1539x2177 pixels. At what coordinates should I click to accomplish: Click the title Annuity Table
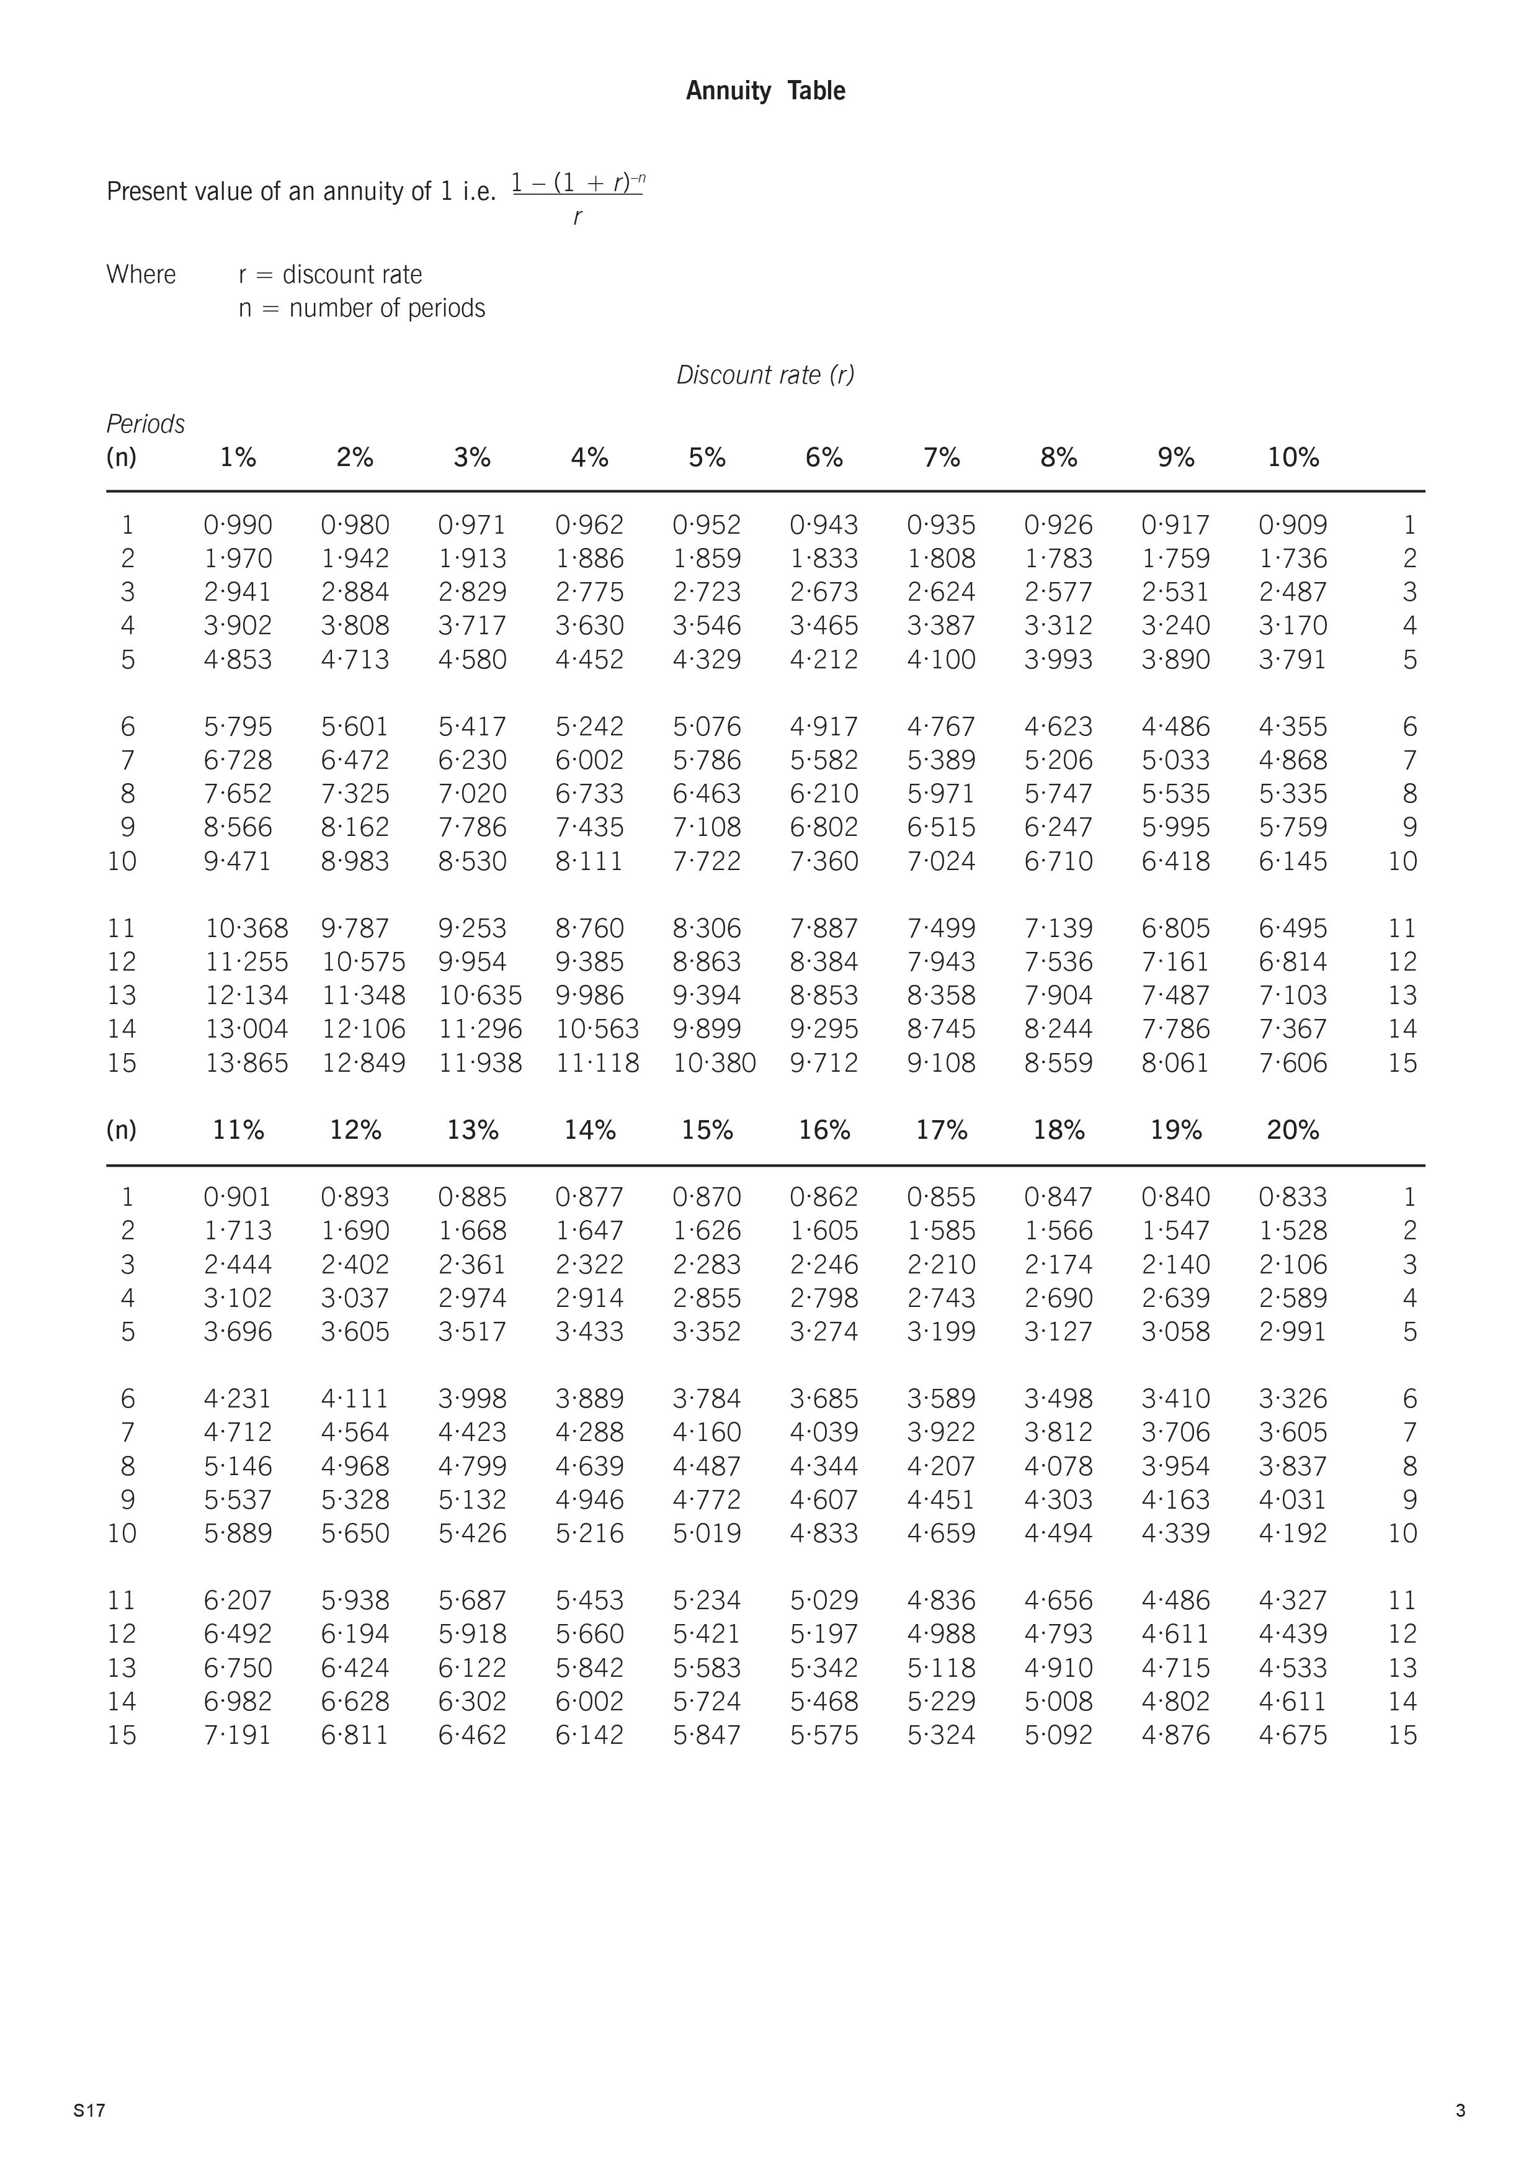click(765, 91)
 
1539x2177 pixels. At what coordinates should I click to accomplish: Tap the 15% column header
click(707, 1130)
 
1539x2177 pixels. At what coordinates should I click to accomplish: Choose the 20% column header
click(1293, 1130)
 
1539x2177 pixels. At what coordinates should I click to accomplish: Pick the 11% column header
click(238, 1130)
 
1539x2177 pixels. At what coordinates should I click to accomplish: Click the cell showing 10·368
click(246, 928)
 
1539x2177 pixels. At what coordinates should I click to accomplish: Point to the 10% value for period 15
click(1293, 1063)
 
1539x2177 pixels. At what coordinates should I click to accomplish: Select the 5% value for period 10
click(707, 861)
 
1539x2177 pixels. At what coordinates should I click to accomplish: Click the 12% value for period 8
click(355, 1466)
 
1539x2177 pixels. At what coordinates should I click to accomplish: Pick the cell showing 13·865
click(246, 1063)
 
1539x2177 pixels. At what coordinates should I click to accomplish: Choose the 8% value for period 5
click(1058, 659)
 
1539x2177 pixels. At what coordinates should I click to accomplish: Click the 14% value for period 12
click(589, 1634)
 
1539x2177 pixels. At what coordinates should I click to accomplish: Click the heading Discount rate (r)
click(765, 375)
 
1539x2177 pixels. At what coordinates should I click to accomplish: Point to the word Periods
click(145, 424)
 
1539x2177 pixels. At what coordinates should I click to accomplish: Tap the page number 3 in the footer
click(1460, 2111)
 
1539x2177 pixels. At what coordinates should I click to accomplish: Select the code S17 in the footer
click(89, 2111)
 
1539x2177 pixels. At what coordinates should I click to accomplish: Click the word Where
click(141, 275)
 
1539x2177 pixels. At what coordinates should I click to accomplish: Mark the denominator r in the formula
click(577, 217)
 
